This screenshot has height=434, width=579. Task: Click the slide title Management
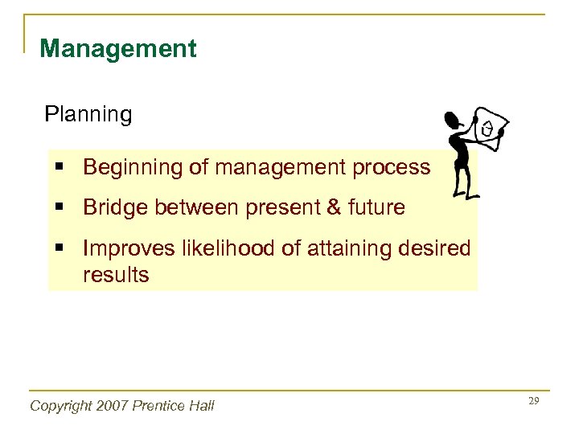[117, 49]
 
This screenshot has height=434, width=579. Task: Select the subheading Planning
[88, 115]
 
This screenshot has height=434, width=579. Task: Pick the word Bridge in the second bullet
[115, 208]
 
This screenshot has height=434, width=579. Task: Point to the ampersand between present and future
[333, 208]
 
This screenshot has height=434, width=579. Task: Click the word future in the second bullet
[375, 208]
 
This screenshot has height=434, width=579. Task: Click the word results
[116, 276]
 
